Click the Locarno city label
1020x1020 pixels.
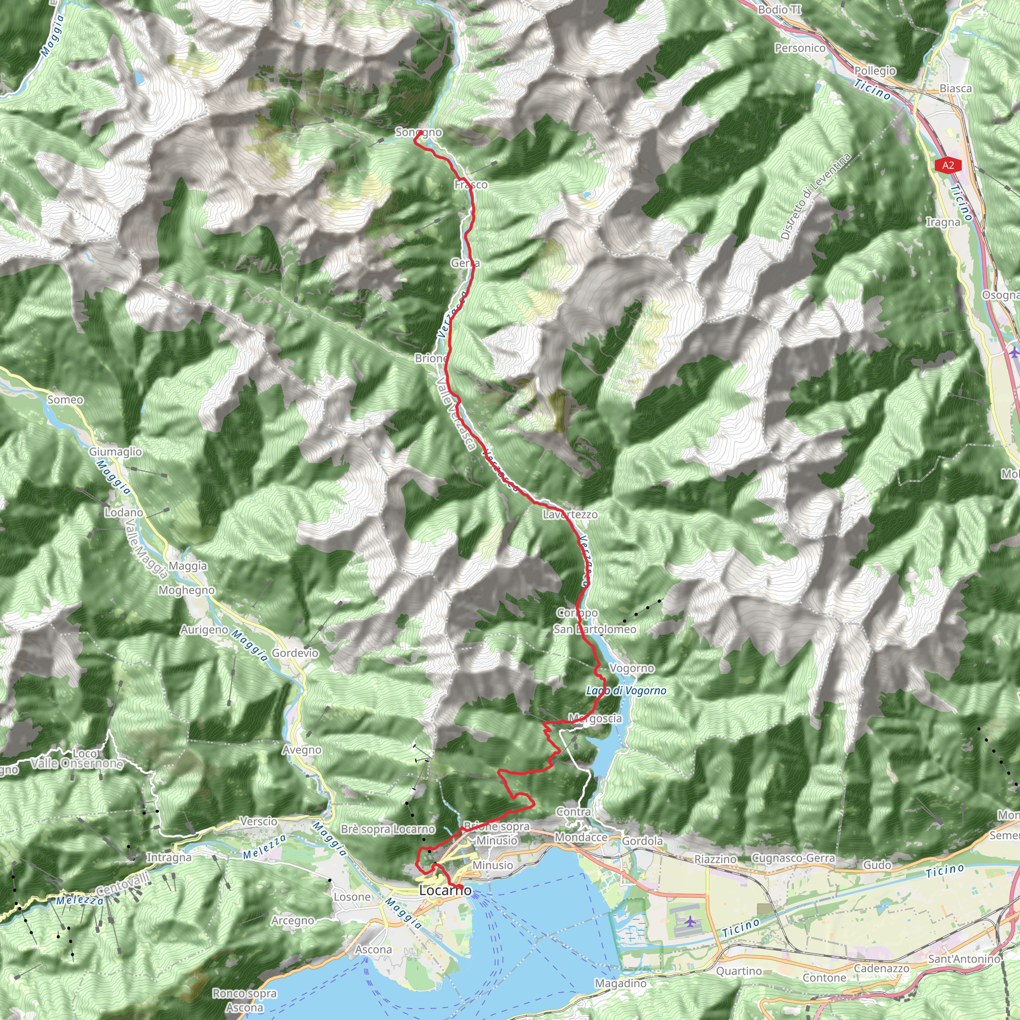[x=445, y=891]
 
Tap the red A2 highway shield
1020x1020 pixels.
[x=948, y=165]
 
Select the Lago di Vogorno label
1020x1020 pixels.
[x=626, y=691]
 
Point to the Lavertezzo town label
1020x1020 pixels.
[x=570, y=514]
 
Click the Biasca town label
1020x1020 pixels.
[x=956, y=89]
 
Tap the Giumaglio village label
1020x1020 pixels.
[x=115, y=451]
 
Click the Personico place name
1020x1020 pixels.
[x=800, y=48]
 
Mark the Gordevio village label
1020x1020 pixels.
[x=295, y=653]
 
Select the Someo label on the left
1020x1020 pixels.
[x=65, y=399]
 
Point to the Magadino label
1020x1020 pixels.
[x=621, y=983]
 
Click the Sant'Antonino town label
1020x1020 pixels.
[x=964, y=958]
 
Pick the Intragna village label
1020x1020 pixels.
[x=169, y=858]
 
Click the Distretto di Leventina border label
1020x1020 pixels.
[x=816, y=196]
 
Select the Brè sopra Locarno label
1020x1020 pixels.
[x=387, y=829]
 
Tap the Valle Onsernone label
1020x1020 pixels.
[x=77, y=764]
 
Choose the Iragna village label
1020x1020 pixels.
[x=943, y=222]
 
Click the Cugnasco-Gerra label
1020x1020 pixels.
[x=793, y=858]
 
